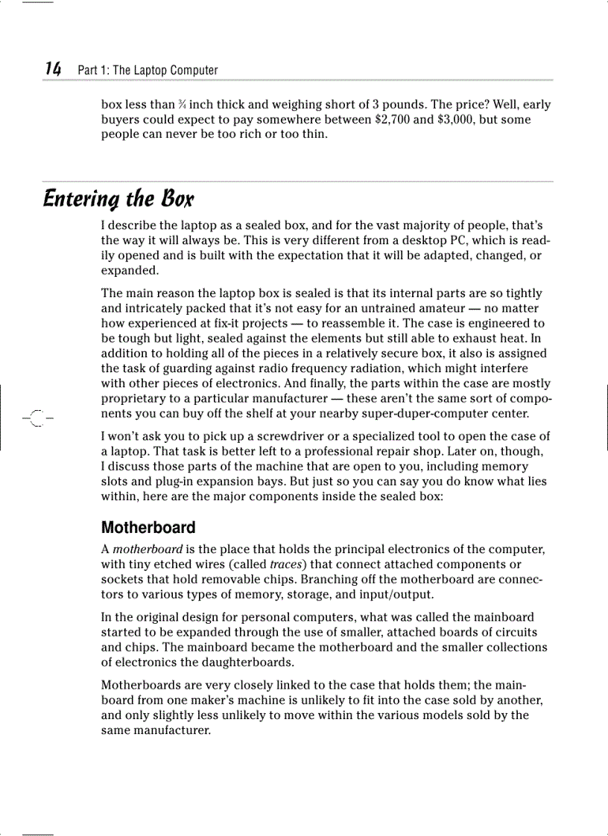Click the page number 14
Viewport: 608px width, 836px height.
pyautogui.click(x=52, y=69)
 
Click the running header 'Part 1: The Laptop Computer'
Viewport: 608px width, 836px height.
pyautogui.click(x=148, y=71)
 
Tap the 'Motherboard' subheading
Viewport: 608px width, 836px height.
pyautogui.click(x=148, y=528)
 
